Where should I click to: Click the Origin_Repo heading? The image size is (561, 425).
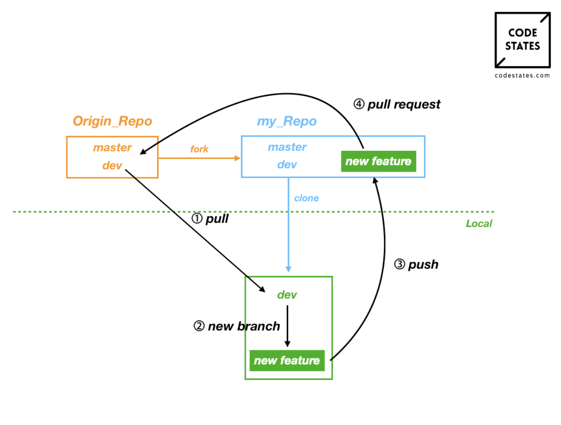(112, 121)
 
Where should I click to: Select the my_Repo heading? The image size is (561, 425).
(287, 121)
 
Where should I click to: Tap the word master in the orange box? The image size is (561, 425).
(112, 148)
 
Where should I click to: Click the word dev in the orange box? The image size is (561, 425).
(112, 166)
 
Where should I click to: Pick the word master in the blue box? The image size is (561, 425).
(287, 147)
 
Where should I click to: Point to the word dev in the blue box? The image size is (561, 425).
(287, 165)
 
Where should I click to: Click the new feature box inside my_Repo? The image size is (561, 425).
(378, 161)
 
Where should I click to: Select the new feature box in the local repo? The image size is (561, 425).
(287, 361)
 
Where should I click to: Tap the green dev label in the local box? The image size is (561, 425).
(287, 295)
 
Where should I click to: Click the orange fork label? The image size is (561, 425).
(199, 149)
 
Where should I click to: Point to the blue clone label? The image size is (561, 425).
(307, 198)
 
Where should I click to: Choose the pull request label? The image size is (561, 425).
(403, 104)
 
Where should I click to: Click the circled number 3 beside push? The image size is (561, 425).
(399, 264)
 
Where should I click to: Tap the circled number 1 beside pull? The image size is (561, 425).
(197, 218)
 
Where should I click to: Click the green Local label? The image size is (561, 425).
(479, 224)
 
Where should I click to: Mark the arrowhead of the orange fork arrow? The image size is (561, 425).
(238, 158)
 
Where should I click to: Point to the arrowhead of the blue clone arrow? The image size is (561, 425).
(288, 269)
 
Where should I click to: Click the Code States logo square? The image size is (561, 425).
(522, 40)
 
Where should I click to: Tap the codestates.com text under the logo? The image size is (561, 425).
(522, 76)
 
